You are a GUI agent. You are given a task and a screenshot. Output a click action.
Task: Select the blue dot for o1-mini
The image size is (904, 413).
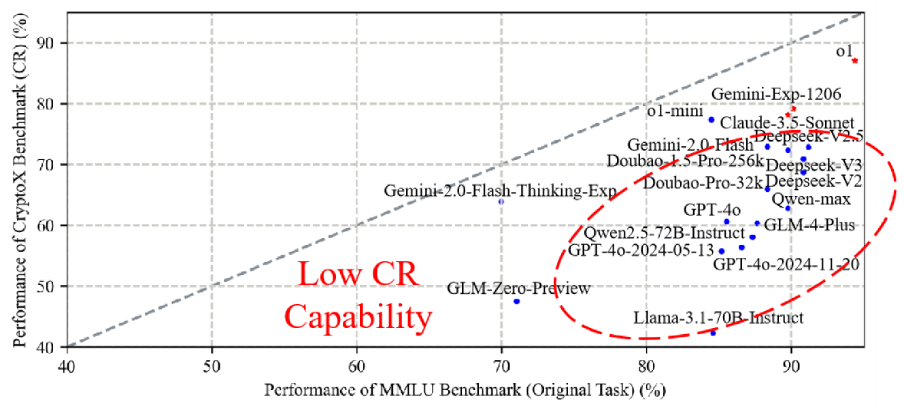711,120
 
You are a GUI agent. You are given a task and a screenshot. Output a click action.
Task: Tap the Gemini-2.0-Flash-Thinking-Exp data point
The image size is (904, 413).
501,201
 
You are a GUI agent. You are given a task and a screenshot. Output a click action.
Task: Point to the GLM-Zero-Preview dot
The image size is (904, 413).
516,301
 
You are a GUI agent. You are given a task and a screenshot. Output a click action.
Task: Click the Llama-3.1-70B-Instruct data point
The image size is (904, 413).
713,333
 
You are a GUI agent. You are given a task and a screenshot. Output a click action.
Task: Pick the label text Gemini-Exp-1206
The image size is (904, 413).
776,94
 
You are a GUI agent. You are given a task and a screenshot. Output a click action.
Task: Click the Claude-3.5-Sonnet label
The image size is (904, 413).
787,123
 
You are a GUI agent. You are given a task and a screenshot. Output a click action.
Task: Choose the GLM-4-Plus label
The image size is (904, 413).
809,225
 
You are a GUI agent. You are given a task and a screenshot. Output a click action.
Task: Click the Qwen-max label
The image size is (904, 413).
817,199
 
